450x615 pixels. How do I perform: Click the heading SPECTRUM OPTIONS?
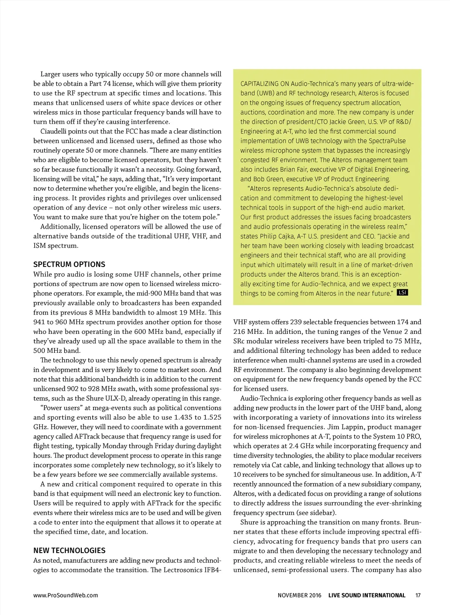tap(69, 264)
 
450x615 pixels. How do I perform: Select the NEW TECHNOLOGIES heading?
tap(69, 550)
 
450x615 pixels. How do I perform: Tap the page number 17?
tap(418, 595)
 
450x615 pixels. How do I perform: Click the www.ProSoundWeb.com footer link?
tap(65, 595)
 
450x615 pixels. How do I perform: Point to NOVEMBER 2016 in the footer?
tap(299, 595)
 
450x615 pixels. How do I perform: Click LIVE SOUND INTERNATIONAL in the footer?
tap(367, 595)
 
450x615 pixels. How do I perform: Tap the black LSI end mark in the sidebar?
tap(402, 293)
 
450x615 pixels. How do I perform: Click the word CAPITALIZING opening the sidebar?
tap(259, 84)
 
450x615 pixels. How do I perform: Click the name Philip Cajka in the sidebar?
tap(279, 236)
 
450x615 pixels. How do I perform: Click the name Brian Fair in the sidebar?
tap(294, 169)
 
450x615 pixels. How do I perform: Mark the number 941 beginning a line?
tap(39, 322)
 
